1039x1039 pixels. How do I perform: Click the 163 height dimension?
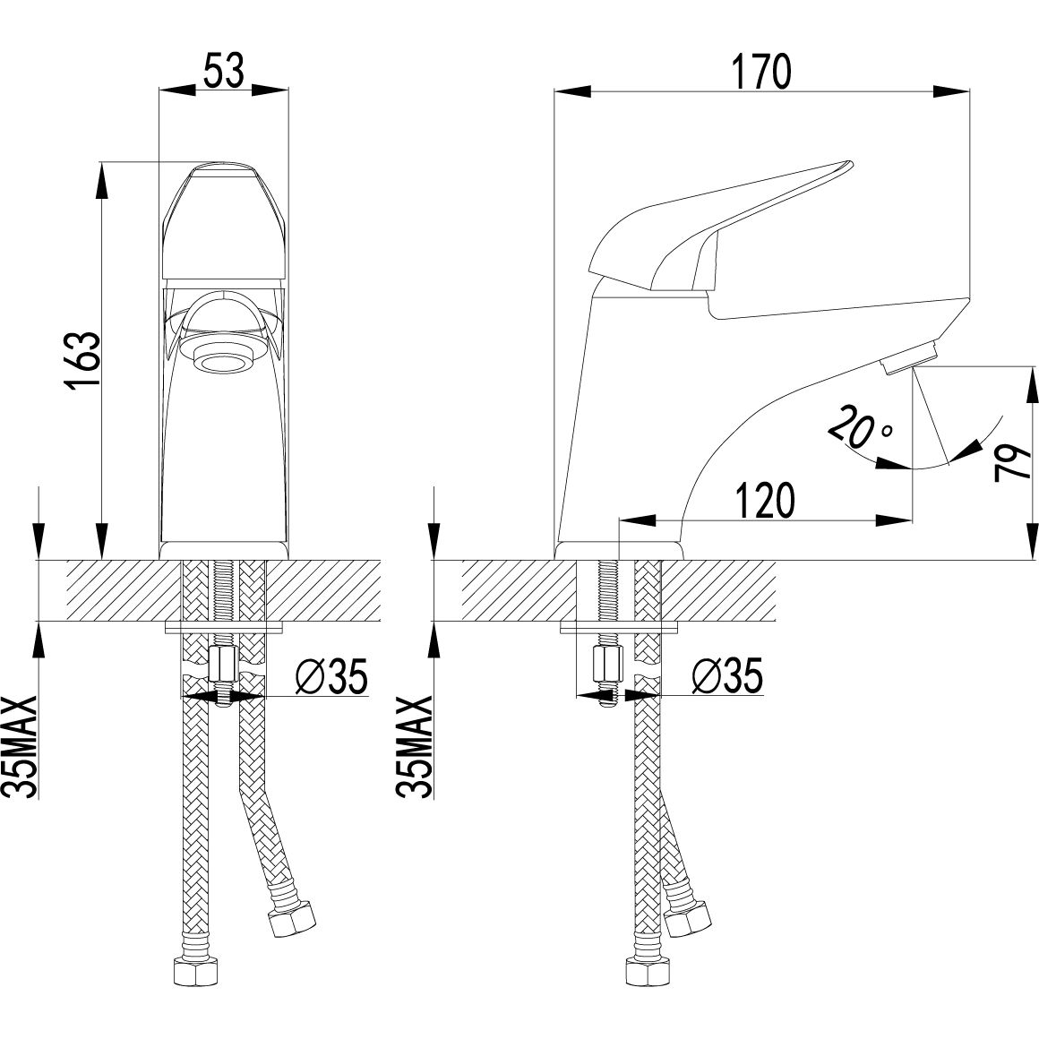click(83, 360)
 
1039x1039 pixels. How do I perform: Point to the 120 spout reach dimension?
click(764, 501)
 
